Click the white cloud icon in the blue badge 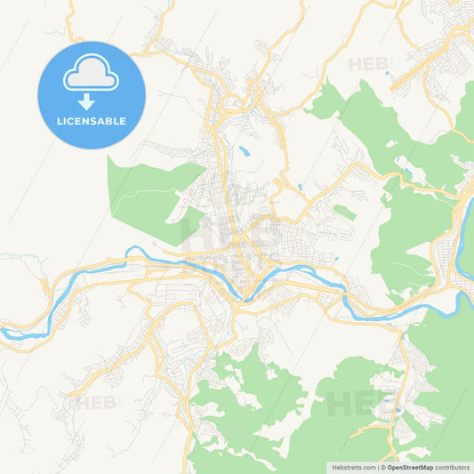91,76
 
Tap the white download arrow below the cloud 91,102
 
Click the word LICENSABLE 91,120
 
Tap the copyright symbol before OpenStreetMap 383,466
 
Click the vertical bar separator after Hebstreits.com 377,466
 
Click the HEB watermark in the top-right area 368,64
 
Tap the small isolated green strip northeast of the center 345,213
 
